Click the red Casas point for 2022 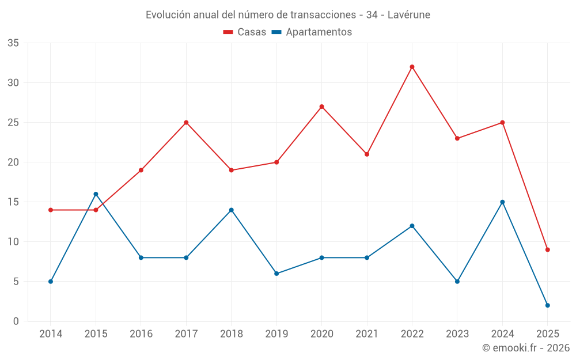(x=412, y=67)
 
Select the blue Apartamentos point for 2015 (x=96, y=194)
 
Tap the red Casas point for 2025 (x=548, y=249)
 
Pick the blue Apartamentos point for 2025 (x=548, y=305)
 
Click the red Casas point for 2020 (x=321, y=107)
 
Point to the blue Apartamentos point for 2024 (x=502, y=202)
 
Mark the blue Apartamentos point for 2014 (x=51, y=282)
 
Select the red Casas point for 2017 (x=186, y=123)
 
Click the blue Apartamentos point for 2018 (x=232, y=210)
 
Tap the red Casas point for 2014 (x=51, y=210)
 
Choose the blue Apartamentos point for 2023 (x=457, y=282)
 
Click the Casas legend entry (x=245, y=32)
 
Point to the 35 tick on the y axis (x=13, y=43)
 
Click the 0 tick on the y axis (x=16, y=321)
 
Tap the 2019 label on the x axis (x=276, y=334)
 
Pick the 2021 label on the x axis (x=367, y=334)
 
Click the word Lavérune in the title (x=410, y=14)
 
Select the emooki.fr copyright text (x=526, y=348)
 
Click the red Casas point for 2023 (x=457, y=138)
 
